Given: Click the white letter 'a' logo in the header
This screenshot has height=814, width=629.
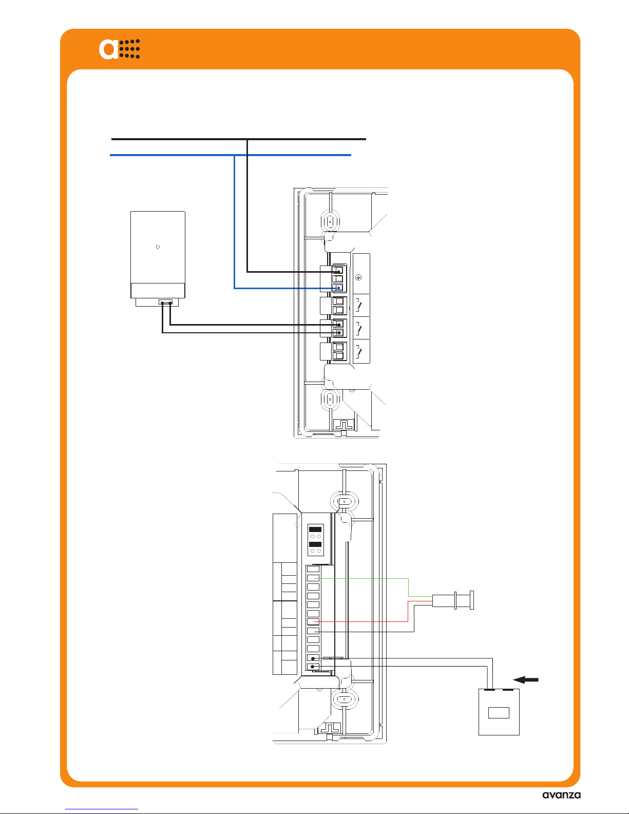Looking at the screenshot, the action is pos(108,49).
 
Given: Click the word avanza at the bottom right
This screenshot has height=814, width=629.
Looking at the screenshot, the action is pos(561,795).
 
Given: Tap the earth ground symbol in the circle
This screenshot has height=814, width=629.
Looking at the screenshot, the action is pos(358,277).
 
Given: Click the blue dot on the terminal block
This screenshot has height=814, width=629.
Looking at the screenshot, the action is pos(338,288).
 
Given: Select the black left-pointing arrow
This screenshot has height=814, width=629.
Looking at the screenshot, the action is pos(526,679).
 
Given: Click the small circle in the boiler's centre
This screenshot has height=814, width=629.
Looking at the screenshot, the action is pos(158,247).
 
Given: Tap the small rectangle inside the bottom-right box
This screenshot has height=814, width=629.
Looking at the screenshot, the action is pos(499,712).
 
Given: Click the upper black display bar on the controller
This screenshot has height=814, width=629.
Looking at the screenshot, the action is pos(315,529).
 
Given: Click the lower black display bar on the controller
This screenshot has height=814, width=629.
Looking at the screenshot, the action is pos(315,544).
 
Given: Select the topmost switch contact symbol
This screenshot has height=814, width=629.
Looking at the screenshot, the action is pos(358,305).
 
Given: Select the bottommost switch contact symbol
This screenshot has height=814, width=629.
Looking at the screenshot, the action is pos(358,351).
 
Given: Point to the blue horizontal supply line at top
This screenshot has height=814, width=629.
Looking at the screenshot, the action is pos(230,155).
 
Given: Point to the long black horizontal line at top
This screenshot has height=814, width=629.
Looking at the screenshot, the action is pos(238,139).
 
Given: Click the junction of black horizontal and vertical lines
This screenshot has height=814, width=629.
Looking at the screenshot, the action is pos(247,139).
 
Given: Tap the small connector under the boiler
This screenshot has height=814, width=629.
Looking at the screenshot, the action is pos(165,302).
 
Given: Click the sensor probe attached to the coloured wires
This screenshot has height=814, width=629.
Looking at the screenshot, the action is pos(453,600).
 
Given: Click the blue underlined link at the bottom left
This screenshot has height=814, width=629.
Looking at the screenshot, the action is pos(102,809).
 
